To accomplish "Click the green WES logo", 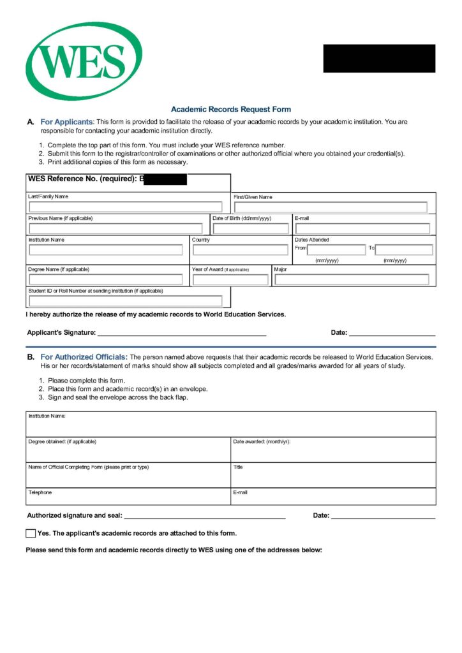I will click(84, 61).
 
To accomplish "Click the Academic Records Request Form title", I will click(230, 109).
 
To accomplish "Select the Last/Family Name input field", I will click(125, 207).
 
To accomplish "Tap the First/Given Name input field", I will click(330, 207).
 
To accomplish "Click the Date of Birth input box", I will click(251, 228).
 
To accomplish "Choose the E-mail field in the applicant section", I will click(362, 228).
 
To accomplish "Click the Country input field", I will click(241, 249).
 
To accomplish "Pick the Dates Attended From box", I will click(336, 249).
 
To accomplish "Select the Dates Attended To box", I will click(404, 249).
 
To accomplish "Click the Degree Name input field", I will click(106, 279).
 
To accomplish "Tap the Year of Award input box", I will click(230, 279).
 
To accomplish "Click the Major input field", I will click(352, 279).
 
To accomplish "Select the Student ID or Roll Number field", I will click(125, 300).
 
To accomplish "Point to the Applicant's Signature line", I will click(181, 332).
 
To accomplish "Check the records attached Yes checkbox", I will click(31, 533).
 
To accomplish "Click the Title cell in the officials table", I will click(333, 475).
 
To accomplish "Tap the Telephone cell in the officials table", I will click(128, 497).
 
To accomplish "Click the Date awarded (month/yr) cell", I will click(333, 450).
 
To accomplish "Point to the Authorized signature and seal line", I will click(204, 515).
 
